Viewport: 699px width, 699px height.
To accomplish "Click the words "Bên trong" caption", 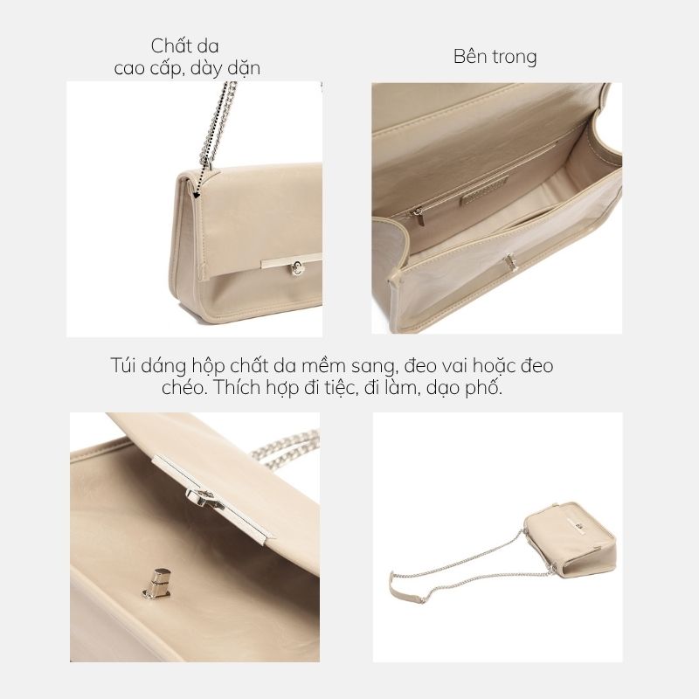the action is [x=495, y=57].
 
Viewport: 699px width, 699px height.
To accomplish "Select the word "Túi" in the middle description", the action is [x=123, y=365].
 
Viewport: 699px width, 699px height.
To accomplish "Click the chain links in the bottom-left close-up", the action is [x=286, y=449].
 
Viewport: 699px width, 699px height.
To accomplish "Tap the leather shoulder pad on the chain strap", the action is [x=405, y=589].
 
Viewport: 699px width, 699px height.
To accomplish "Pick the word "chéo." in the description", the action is [x=184, y=387].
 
